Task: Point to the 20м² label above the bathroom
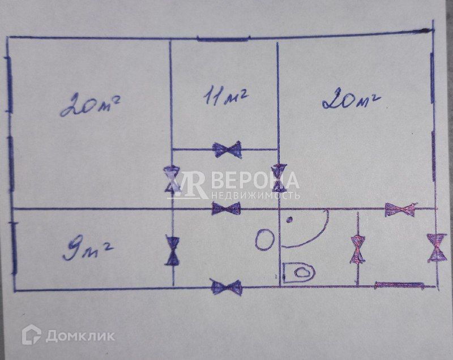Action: click(351, 102)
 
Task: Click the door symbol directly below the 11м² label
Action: click(227, 149)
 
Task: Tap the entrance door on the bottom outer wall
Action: click(226, 288)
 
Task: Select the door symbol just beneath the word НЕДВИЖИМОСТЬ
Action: click(226, 208)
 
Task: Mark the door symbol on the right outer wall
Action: click(437, 247)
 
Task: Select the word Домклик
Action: click(80, 336)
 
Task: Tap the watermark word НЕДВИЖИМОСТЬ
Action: click(256, 195)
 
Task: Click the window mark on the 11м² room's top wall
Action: click(223, 39)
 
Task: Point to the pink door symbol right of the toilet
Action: click(357, 250)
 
